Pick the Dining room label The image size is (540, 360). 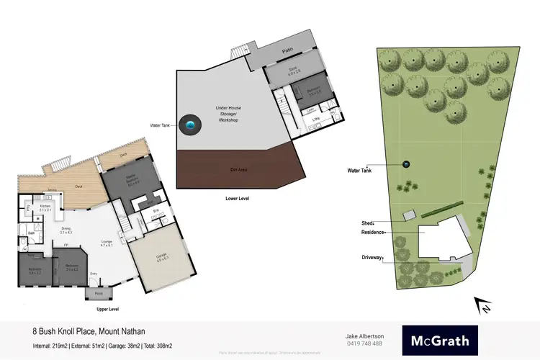(67, 230)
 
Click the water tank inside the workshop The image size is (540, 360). (190, 125)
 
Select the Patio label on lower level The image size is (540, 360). (287, 51)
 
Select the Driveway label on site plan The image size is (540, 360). (372, 257)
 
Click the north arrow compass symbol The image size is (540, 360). (481, 305)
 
